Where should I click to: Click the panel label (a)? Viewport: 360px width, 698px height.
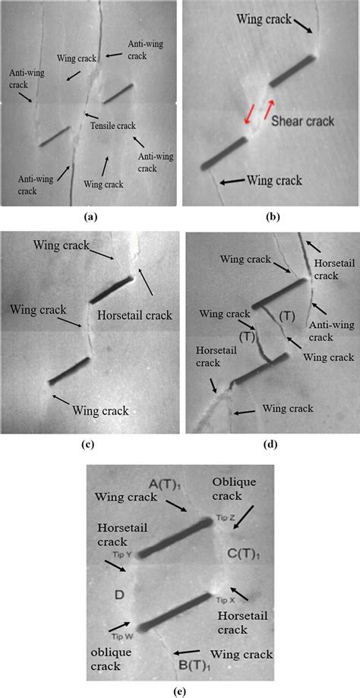pyautogui.click(x=90, y=216)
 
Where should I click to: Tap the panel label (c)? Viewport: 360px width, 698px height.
pyautogui.click(x=90, y=445)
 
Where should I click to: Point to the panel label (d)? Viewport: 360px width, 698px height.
pyautogui.click(x=270, y=445)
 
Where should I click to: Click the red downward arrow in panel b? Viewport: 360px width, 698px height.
pyautogui.click(x=248, y=114)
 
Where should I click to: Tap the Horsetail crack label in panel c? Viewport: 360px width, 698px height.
pyautogui.click(x=134, y=314)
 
